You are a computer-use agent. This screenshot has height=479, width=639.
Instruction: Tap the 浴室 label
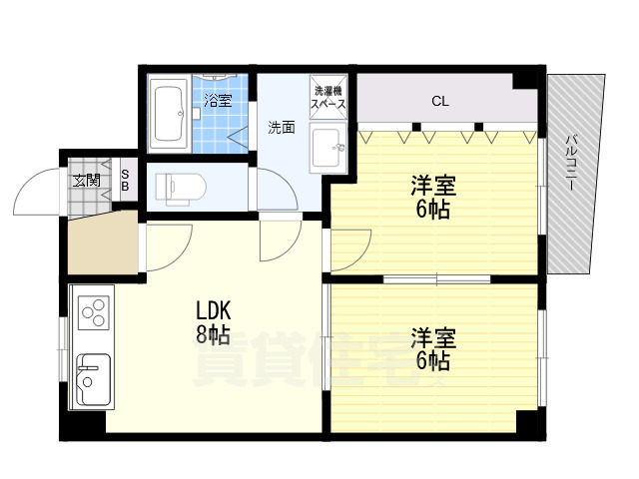click(218, 100)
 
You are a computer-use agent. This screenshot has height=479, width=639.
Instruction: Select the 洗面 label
click(281, 127)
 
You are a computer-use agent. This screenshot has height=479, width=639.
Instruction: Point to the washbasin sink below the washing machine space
click(326, 151)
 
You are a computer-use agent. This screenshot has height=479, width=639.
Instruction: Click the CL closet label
click(439, 100)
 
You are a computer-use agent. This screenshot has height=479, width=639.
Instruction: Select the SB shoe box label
click(125, 180)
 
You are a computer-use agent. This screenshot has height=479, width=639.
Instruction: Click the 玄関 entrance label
click(86, 181)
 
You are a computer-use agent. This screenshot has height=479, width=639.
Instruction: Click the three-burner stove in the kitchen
click(92, 312)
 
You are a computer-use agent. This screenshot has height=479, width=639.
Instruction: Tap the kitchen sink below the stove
click(93, 379)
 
